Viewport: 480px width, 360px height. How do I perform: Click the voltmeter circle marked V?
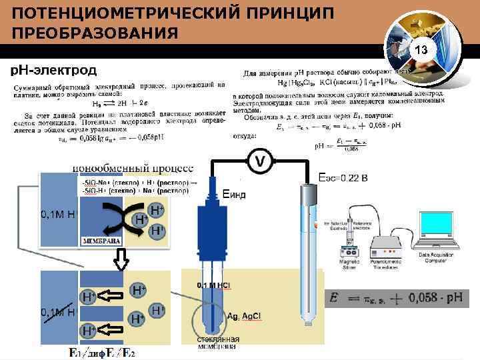[260, 161]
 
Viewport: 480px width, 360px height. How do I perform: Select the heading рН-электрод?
[53, 70]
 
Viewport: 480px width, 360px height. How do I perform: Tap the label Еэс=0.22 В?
[343, 178]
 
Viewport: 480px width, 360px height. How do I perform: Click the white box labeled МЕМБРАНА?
[101, 240]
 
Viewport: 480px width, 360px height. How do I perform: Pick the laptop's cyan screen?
[437, 231]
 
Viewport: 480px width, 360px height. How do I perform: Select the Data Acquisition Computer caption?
[438, 257]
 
